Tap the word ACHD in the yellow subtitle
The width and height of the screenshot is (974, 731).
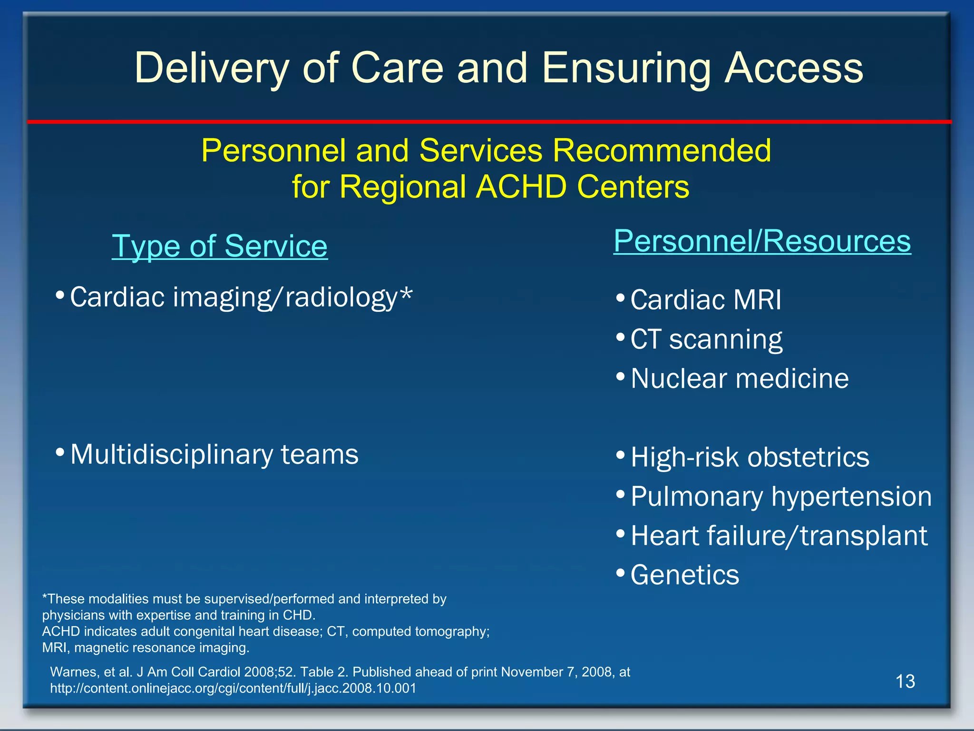[521, 187]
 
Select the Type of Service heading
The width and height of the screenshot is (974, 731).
[220, 247]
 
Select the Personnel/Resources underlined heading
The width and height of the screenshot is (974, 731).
[762, 241]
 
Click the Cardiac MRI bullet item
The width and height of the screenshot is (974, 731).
[706, 300]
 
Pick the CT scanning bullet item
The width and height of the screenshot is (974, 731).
[706, 339]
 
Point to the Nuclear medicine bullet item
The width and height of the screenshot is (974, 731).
[740, 379]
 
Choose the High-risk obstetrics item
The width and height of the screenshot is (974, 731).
[750, 457]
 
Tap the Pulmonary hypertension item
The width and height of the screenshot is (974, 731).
[781, 496]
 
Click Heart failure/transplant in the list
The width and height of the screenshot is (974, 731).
[779, 536]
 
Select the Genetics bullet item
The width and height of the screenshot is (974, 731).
[685, 575]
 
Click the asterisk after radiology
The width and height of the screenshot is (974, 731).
[406, 294]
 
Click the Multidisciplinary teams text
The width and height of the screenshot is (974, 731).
[214, 454]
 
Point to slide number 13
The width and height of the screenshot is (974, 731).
[905, 682]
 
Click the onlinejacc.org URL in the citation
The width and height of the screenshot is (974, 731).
[233, 688]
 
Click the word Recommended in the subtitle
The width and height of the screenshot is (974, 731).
[662, 151]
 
